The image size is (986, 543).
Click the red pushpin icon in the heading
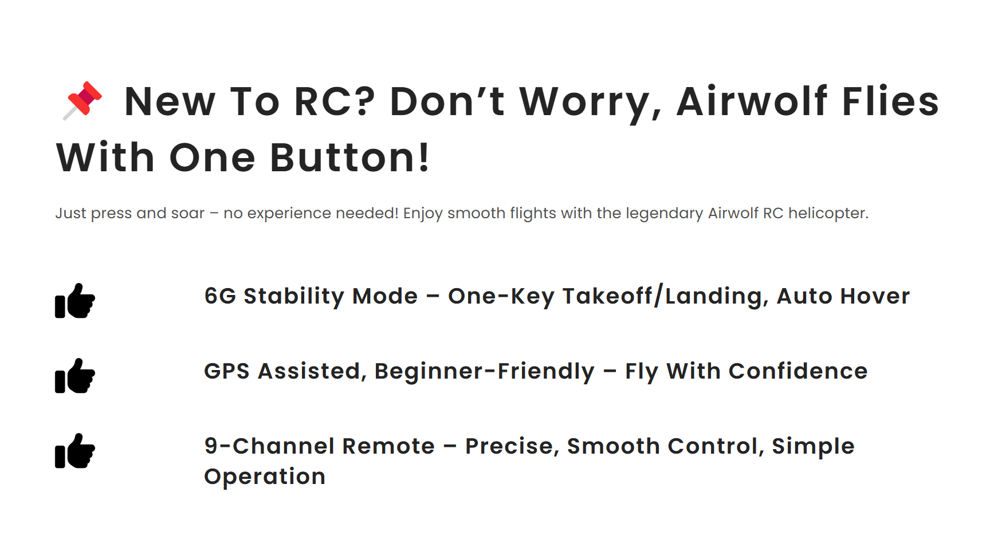[x=83, y=101]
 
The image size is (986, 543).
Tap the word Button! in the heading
[x=349, y=158]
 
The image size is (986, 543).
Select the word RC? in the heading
[x=335, y=101]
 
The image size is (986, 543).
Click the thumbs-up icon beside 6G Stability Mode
[x=75, y=300]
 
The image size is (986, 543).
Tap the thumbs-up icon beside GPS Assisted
[x=75, y=375]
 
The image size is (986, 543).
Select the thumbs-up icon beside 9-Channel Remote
[x=75, y=450]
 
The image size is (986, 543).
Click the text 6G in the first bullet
[x=221, y=296]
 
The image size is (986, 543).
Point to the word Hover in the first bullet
[x=875, y=296]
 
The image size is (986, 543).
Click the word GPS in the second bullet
[x=227, y=371]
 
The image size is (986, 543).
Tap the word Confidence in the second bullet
[x=798, y=371]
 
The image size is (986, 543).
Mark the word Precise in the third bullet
[x=509, y=446]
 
